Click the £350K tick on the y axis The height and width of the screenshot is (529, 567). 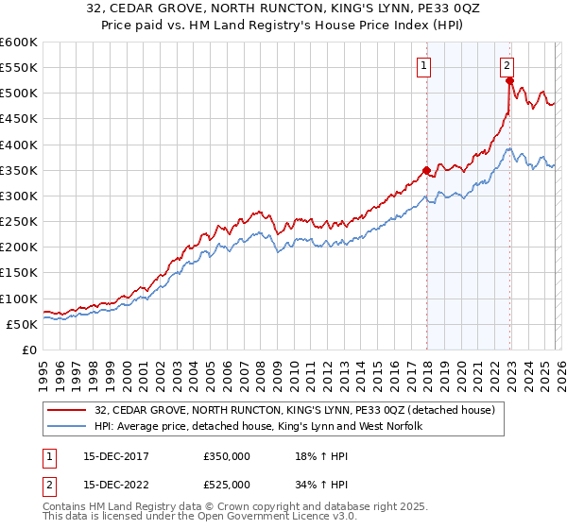18,171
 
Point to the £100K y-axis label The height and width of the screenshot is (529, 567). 18,299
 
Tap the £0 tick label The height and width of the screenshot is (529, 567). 28,350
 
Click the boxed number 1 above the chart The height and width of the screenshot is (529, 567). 424,66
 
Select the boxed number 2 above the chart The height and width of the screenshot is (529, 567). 507,66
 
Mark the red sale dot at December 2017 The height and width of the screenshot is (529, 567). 426,171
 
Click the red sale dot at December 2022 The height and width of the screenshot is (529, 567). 509,81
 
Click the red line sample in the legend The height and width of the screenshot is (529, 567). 66,409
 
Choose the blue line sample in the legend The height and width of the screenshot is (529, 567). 66,427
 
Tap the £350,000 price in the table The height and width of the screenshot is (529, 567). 227,455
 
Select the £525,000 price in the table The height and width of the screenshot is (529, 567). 227,485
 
